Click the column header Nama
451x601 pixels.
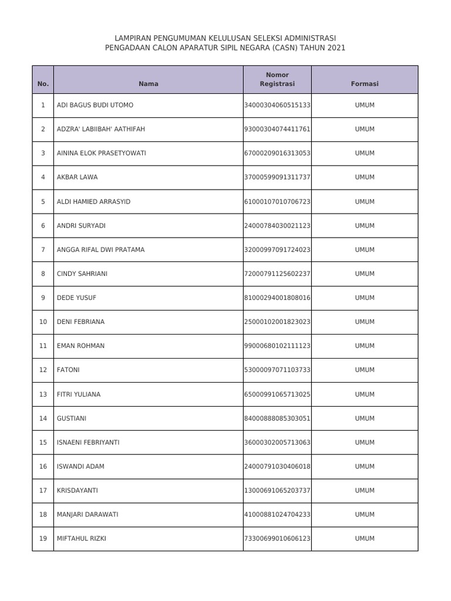(x=149, y=84)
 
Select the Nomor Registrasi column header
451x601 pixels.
(x=277, y=79)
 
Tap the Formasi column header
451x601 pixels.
(x=365, y=84)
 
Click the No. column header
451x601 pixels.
(x=43, y=84)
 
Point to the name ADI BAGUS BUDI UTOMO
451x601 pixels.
(x=95, y=105)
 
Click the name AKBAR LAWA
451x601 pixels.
(x=77, y=177)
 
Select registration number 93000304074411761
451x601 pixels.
(x=277, y=129)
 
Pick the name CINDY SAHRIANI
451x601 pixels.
(x=82, y=274)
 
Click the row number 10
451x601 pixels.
(x=43, y=322)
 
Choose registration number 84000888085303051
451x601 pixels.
(x=277, y=418)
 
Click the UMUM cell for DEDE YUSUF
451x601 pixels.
(x=365, y=298)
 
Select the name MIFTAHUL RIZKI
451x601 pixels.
(x=81, y=538)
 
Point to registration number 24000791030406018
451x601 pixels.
(x=277, y=466)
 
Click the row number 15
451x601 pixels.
(x=43, y=442)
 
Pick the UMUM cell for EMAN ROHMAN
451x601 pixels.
(x=365, y=346)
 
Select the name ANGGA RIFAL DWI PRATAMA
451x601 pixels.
(x=100, y=249)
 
